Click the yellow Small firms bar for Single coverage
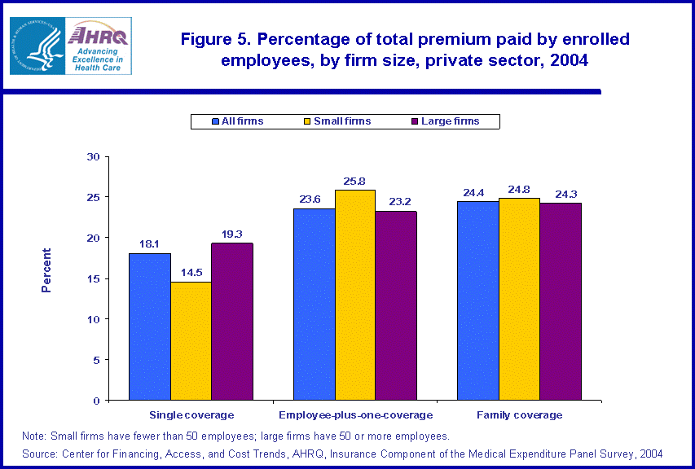[191, 341]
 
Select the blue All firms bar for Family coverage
[477, 300]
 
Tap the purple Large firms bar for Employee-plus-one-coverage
[397, 305]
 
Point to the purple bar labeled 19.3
[232, 322]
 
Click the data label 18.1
[150, 243]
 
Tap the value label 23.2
[397, 200]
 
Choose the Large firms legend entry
[449, 121]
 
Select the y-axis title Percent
[46, 270]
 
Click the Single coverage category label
[191, 415]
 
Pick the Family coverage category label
[519, 415]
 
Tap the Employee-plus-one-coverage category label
[355, 415]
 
